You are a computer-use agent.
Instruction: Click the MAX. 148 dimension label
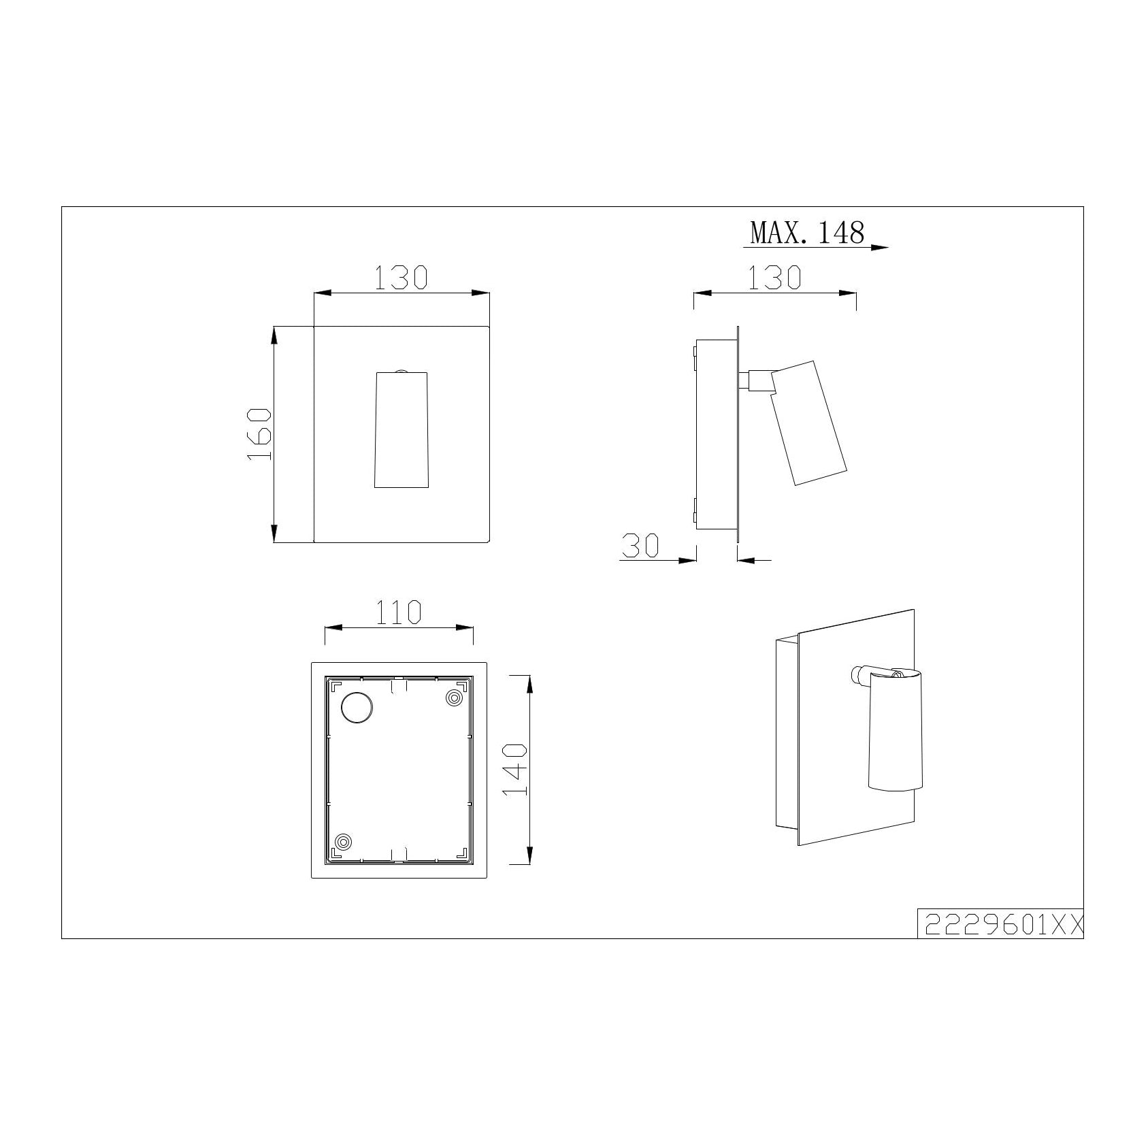807,233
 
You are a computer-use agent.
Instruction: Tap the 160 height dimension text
259,434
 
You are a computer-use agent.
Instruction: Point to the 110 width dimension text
398,612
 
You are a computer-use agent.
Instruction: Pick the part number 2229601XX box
1000,923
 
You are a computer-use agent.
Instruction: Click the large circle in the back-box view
357,707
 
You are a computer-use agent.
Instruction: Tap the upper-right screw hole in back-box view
453,698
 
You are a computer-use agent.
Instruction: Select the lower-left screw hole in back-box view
344,842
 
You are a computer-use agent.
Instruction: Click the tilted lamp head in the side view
808,423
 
